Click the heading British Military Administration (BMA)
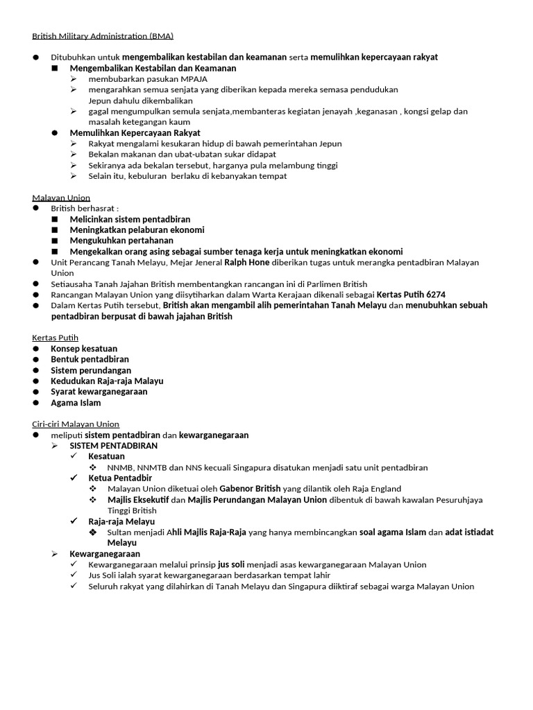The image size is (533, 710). point(103,35)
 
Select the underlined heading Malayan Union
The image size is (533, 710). point(61,198)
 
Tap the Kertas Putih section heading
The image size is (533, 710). point(56,338)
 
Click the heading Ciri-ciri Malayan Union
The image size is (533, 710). point(76,424)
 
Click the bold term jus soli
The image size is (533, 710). point(231,564)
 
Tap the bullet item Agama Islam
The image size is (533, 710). point(76,403)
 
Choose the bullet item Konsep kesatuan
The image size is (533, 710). point(84,349)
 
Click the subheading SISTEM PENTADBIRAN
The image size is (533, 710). point(114,446)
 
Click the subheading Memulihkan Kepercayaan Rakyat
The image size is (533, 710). point(135,133)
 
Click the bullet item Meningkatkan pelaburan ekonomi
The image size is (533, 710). point(137,230)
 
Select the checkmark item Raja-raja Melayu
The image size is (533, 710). point(121,521)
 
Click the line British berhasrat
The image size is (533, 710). point(85,209)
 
